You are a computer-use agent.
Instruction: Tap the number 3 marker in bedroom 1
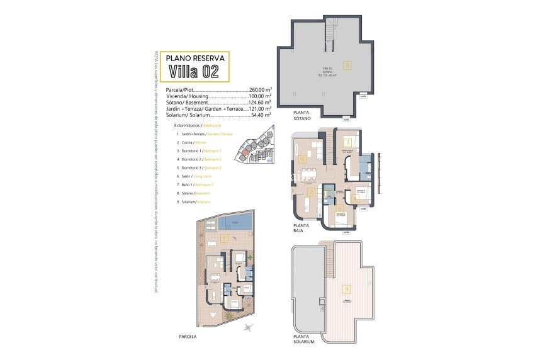pos(347,143)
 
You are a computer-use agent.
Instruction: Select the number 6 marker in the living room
pos(303,159)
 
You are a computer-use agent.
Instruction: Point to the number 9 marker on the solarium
pos(346,290)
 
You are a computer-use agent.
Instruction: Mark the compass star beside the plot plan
pos(249,327)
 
